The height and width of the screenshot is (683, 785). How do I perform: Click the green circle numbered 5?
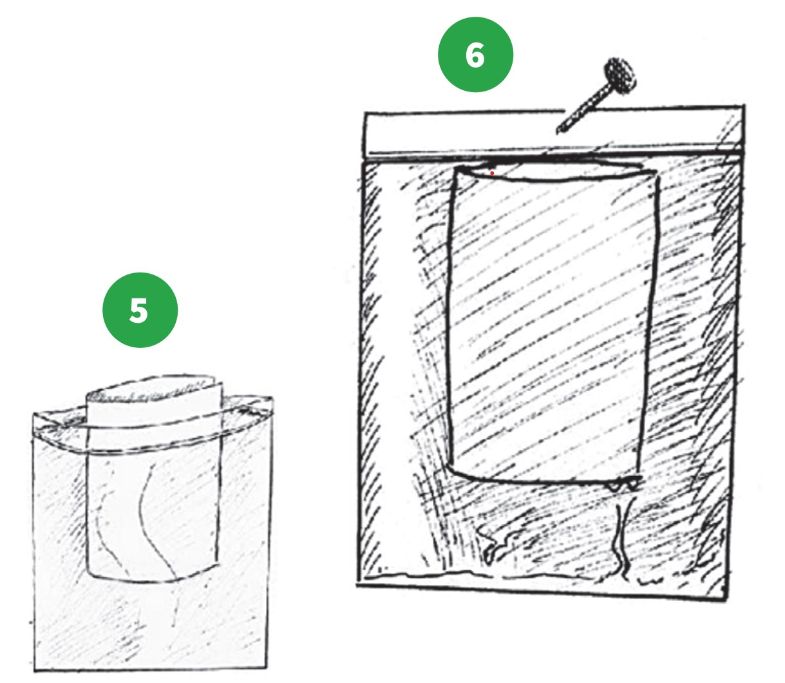coord(140,310)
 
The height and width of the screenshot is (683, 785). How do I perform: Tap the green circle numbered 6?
coord(475,55)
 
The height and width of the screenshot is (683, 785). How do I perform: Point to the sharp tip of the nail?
coord(557,133)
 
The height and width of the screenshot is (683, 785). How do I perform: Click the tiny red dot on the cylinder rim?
coord(492,173)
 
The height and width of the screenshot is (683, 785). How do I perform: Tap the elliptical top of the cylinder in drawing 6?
coord(554,171)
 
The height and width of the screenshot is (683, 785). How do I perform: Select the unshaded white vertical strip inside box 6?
coord(399,365)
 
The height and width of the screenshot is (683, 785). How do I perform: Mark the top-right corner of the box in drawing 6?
coord(744,106)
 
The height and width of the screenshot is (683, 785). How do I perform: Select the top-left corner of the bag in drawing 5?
coord(33,414)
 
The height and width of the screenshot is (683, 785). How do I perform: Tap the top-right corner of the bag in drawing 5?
coord(272,398)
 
